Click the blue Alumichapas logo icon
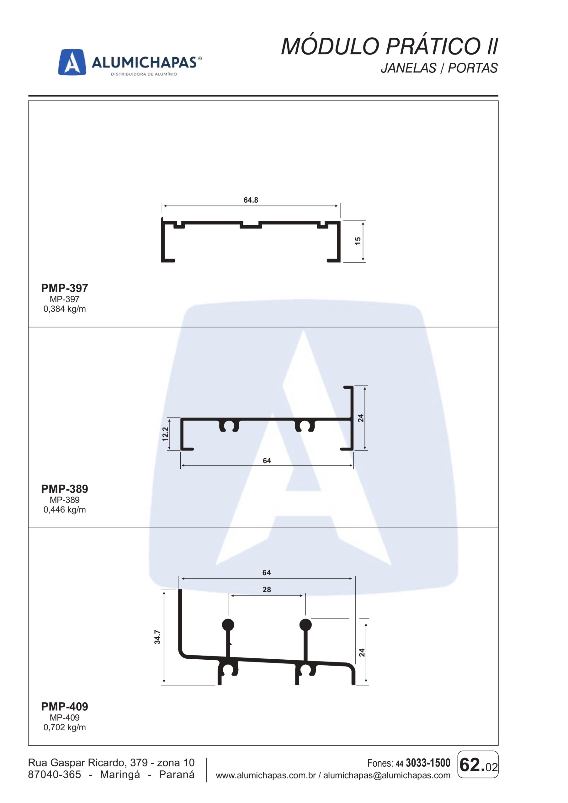click(72, 62)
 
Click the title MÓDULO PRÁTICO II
click(390, 46)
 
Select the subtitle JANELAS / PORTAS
click(439, 68)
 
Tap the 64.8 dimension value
click(251, 200)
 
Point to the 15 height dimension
click(358, 241)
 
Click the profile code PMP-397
click(65, 288)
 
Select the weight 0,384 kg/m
click(65, 309)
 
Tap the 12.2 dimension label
click(165, 434)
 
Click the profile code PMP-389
click(65, 489)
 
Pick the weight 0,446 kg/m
click(65, 510)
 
